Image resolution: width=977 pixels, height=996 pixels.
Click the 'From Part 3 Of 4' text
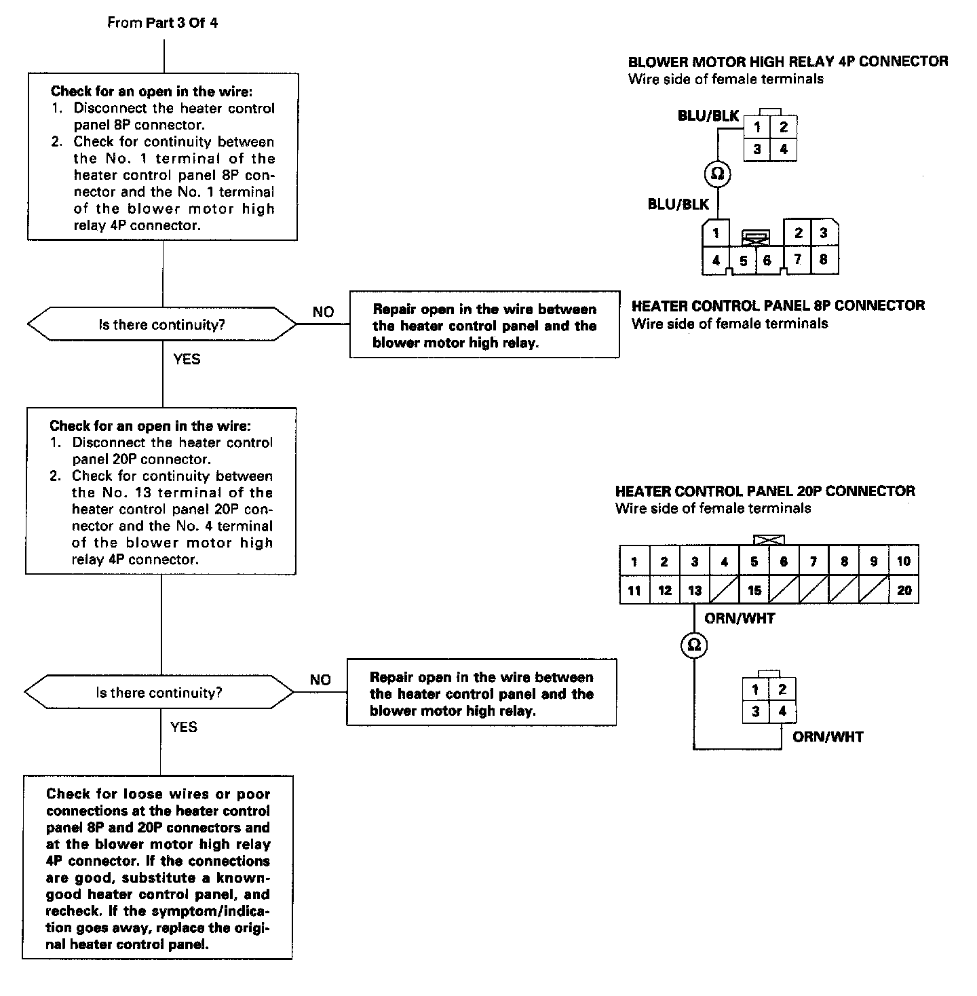click(163, 23)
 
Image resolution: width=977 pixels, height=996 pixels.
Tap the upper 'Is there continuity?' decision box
click(162, 325)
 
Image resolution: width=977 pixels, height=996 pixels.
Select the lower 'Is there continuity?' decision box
click(159, 693)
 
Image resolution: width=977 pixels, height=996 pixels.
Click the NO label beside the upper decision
click(323, 312)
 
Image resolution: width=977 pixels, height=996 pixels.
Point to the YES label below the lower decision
click(184, 727)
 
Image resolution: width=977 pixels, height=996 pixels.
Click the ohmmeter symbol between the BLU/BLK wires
click(716, 174)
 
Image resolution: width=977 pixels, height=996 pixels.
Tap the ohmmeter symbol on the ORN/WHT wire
click(694, 645)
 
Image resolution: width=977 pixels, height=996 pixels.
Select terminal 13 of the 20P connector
click(694, 590)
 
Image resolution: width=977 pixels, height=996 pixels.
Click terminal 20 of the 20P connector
click(904, 590)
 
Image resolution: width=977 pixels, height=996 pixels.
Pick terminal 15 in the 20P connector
click(754, 590)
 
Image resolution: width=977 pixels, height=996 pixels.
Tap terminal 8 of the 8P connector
click(823, 259)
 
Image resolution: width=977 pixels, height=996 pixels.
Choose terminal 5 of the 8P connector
click(744, 261)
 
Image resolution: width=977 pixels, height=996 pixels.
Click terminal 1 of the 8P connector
click(716, 233)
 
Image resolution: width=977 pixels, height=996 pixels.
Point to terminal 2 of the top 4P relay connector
click(783, 127)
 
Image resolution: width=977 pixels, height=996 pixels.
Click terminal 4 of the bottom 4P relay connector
click(782, 712)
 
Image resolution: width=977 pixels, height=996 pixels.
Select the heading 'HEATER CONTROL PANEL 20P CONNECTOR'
click(765, 491)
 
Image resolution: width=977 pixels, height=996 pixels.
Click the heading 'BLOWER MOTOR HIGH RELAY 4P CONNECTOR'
click(788, 62)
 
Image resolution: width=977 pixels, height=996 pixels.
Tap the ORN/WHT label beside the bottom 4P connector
click(828, 737)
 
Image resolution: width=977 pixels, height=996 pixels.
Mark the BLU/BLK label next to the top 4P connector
click(708, 116)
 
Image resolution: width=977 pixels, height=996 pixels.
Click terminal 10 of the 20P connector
click(904, 561)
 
